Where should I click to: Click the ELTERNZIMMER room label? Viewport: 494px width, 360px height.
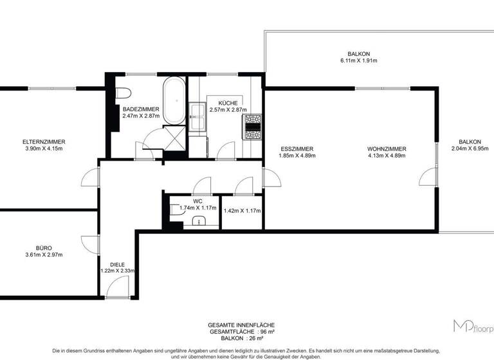coord(44,141)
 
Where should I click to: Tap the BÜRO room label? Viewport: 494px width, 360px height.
coord(44,248)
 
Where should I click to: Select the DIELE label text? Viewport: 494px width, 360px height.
coord(117,264)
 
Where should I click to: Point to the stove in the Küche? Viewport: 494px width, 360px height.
coord(253,127)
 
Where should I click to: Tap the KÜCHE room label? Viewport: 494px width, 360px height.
coord(228,103)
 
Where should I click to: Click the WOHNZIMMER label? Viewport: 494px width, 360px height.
coord(387,148)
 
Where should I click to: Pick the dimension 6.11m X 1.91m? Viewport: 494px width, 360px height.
coord(358,60)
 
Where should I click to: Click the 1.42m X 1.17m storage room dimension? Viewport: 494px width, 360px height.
coord(241,210)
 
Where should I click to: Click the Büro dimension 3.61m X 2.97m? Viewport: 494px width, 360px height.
coord(44,255)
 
